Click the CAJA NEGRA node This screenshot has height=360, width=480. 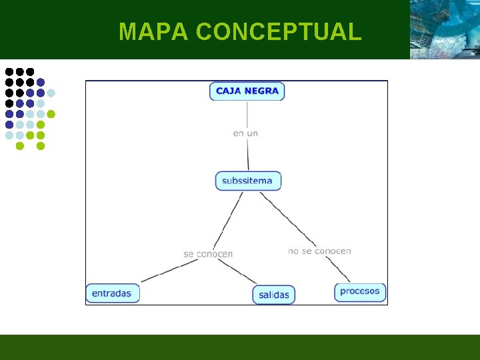pyautogui.click(x=247, y=91)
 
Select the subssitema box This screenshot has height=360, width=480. pyautogui.click(x=248, y=181)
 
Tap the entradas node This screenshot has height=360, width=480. pyautogui.click(x=112, y=293)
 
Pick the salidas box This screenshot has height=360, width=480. pyautogui.click(x=273, y=295)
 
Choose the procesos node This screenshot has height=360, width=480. pyautogui.click(x=360, y=291)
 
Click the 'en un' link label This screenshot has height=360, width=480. pyautogui.click(x=245, y=133)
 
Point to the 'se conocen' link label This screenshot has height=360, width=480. pyautogui.click(x=208, y=254)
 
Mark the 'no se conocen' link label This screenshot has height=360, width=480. pyautogui.click(x=319, y=251)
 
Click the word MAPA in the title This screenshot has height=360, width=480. pyautogui.click(x=154, y=31)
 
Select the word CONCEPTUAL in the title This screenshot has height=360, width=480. pyautogui.click(x=279, y=31)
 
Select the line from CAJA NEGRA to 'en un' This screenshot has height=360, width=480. pyautogui.click(x=247, y=113)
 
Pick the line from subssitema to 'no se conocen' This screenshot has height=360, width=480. pyautogui.click(x=287, y=217)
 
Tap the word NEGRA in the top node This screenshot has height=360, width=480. pyautogui.click(x=262, y=91)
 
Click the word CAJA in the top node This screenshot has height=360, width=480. pyautogui.click(x=228, y=91)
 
